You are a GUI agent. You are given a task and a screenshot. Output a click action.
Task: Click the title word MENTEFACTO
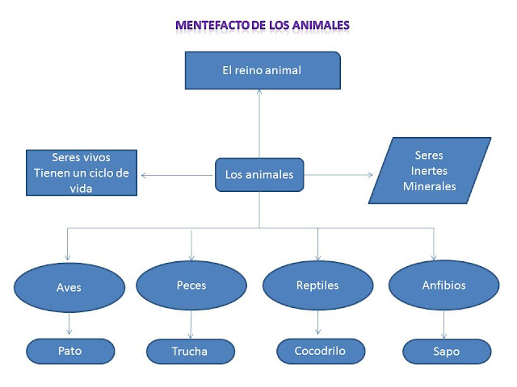click(212, 25)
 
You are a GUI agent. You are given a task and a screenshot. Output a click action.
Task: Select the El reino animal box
click(262, 71)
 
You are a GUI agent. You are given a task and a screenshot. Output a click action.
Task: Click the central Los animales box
click(259, 174)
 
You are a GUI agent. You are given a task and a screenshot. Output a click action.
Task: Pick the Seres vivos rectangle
click(81, 173)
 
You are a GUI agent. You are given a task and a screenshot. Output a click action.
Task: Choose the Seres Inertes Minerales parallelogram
click(429, 171)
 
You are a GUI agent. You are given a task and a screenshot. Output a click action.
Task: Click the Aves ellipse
click(69, 287)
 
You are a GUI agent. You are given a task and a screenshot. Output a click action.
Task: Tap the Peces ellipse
click(191, 285)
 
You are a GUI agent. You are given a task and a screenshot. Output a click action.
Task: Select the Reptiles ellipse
click(317, 285)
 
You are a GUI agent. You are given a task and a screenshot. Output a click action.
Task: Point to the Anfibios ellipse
click(443, 285)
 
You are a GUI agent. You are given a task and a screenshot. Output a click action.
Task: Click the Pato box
click(70, 352)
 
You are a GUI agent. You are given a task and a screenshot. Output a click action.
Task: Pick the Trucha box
click(190, 352)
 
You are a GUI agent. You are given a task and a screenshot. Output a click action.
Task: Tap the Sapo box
click(446, 352)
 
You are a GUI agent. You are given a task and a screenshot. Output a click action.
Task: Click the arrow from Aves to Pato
click(69, 325)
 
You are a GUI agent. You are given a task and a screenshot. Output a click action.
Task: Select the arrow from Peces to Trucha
click(191, 326)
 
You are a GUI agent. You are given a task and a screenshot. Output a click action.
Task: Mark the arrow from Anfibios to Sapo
click(443, 326)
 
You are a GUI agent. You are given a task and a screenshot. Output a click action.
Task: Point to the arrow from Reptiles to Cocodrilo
click(317, 324)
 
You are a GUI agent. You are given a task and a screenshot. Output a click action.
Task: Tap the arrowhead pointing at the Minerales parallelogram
click(370, 174)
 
